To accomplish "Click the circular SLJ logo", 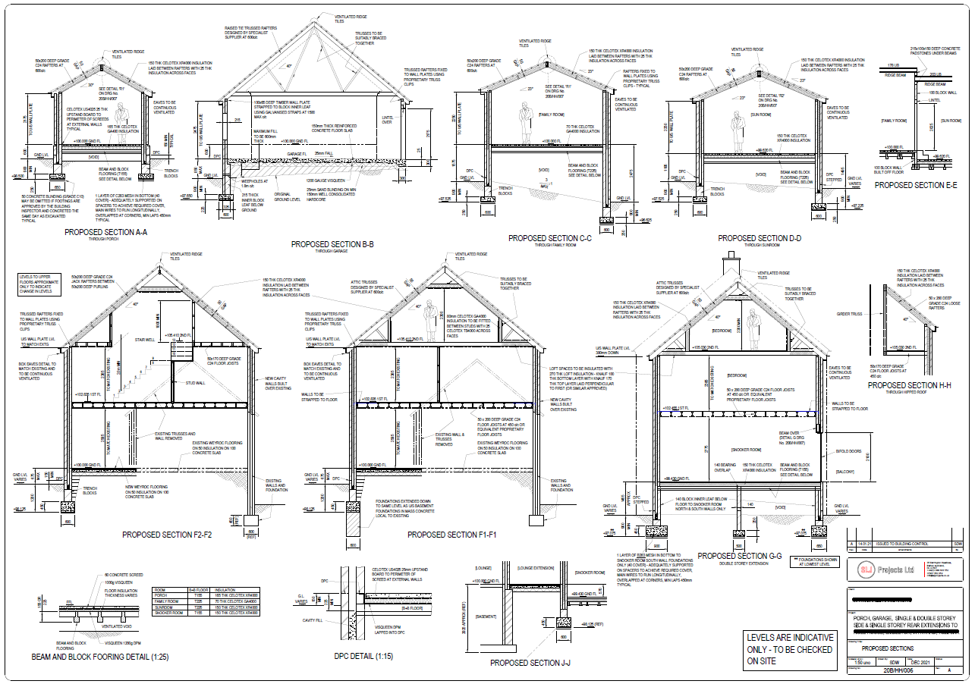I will tap(863, 569).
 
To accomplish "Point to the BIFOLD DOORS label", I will tap(848, 451).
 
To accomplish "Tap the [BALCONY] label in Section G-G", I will tap(844, 472).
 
